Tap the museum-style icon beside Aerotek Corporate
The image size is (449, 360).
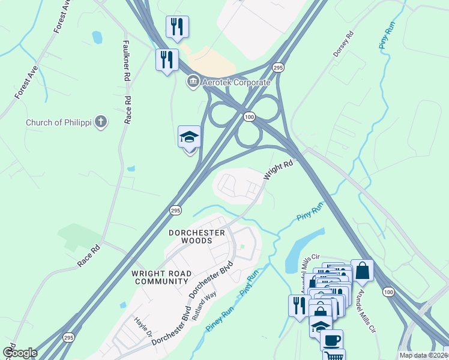point(193,80)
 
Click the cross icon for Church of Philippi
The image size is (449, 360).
point(101,122)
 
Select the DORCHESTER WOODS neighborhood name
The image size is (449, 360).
point(197,236)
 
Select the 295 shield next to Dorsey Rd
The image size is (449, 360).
point(277,68)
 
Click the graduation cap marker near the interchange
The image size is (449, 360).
point(189,137)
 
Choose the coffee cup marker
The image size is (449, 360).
point(331,340)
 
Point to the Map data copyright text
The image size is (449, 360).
point(423,355)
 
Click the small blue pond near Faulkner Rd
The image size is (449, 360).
point(97,37)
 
